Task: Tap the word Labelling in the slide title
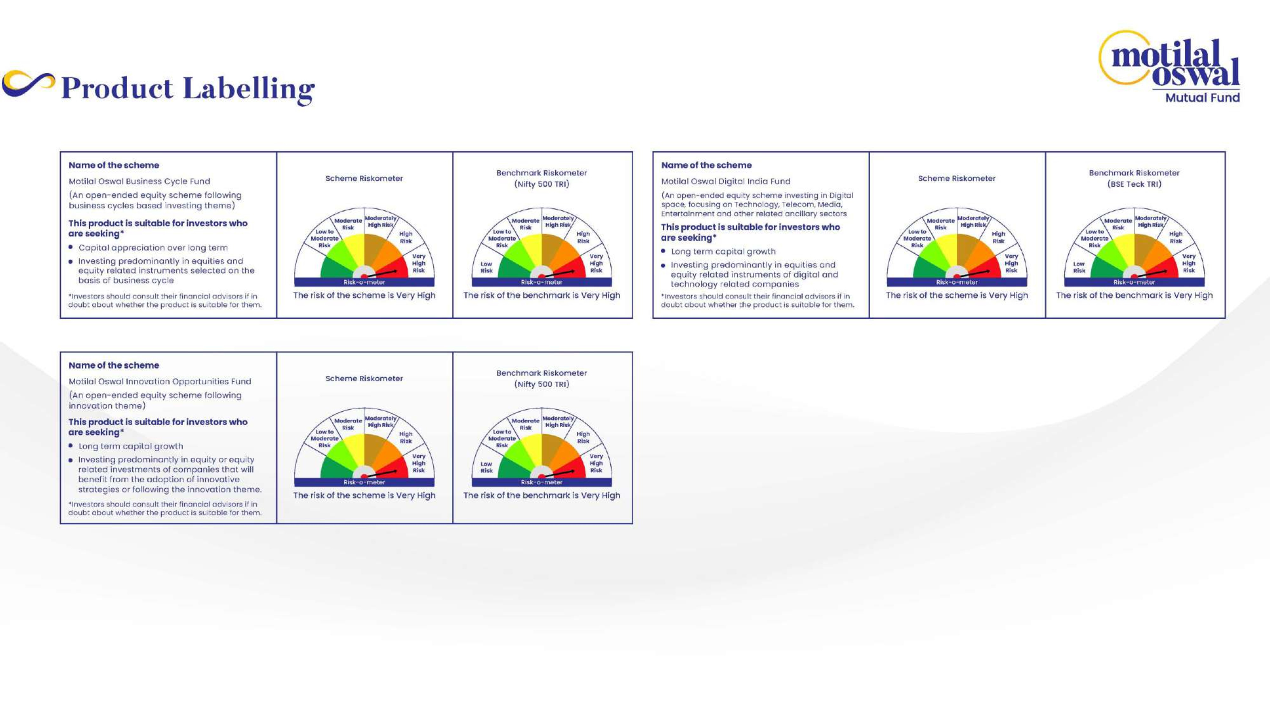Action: (249, 89)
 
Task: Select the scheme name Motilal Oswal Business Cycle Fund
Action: (139, 181)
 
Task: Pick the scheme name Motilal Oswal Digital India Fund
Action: (726, 181)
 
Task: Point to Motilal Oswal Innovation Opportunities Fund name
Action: (160, 381)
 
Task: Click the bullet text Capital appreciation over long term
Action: (153, 248)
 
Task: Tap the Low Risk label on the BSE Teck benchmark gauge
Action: (1079, 267)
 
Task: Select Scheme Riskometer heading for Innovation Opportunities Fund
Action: (364, 378)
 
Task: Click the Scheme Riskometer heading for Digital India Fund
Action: (956, 179)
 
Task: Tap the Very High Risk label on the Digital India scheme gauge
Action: (1011, 263)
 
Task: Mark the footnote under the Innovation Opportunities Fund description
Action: (165, 508)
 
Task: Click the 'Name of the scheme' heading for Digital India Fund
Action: (706, 165)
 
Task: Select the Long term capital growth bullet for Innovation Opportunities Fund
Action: (130, 446)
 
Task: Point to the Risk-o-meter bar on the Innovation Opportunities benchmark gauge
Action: (541, 482)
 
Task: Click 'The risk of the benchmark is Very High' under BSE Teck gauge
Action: (1134, 295)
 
